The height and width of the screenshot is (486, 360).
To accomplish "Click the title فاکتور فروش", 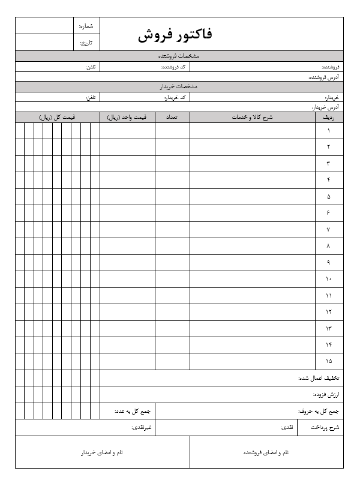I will coord(175,35).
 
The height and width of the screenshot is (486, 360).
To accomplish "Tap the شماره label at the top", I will coord(86,26).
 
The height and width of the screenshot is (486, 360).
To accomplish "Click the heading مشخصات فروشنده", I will coord(179,56).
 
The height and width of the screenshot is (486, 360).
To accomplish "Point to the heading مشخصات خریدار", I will coord(179,87).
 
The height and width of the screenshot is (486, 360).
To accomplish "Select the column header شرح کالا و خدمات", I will coord(252,117).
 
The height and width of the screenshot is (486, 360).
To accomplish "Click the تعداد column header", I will coord(173,117).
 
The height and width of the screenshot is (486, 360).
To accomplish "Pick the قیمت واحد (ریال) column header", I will coord(127,117).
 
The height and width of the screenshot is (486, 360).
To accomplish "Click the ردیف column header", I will coord(329,117).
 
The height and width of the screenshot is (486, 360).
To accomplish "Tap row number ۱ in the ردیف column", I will coord(329,130).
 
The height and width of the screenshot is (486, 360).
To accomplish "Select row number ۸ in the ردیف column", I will coord(329,246).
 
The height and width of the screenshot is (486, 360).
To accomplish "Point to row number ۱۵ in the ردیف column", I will coord(329,361).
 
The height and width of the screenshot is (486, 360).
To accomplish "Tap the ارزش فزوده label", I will coord(326,395).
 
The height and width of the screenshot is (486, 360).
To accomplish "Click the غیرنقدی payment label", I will coord(142,428).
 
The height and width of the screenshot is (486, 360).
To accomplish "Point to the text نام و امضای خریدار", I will coord(102,452).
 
